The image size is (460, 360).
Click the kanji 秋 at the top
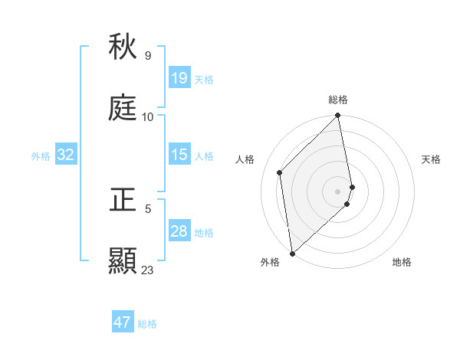(x=123, y=47)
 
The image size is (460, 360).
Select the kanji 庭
(x=123, y=108)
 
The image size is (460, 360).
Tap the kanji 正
(x=123, y=200)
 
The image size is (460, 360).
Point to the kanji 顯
(x=123, y=261)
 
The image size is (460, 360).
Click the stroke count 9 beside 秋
(x=148, y=56)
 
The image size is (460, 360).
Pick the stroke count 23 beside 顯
(x=148, y=270)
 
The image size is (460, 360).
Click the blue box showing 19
(x=179, y=78)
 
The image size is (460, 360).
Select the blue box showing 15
(x=179, y=155)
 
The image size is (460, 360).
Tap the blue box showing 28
(x=179, y=231)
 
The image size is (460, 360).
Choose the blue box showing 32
(x=66, y=155)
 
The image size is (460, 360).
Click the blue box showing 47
(x=123, y=322)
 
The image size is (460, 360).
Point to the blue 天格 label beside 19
(x=204, y=80)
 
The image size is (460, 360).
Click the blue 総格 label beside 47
(x=147, y=324)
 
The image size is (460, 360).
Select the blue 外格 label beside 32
(x=41, y=156)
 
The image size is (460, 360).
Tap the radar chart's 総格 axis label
(x=338, y=100)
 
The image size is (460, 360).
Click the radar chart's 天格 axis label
(x=432, y=159)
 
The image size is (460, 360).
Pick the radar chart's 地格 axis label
(x=402, y=262)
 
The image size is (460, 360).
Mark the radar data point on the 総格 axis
(x=338, y=116)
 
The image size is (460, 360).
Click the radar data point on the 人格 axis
(x=280, y=172)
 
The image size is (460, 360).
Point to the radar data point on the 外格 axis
(x=292, y=253)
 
